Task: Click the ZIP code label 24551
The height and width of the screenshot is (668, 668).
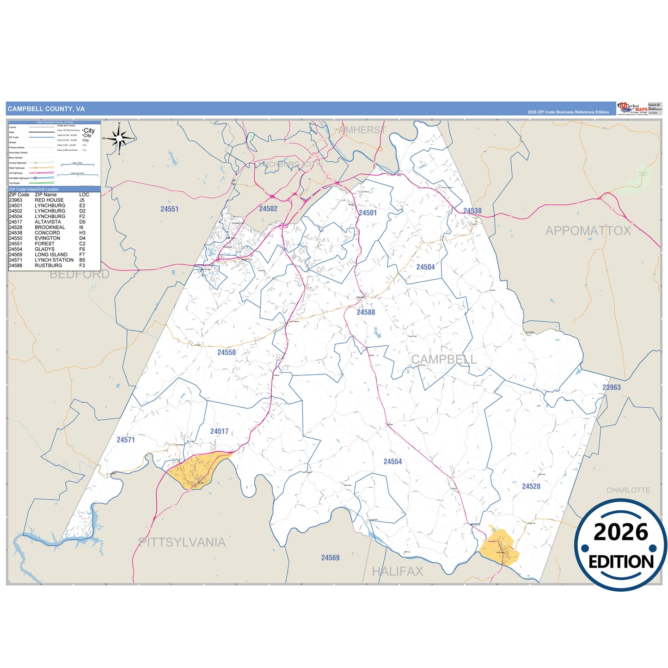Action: pyautogui.click(x=169, y=209)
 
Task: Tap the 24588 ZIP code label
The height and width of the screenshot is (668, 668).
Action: pyautogui.click(x=366, y=312)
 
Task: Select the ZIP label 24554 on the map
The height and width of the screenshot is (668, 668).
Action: pyautogui.click(x=392, y=461)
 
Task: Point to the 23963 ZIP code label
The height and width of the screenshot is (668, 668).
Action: pyautogui.click(x=611, y=387)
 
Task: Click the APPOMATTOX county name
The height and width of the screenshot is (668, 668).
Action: pyautogui.click(x=588, y=231)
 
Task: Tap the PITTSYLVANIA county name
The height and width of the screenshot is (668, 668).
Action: pyautogui.click(x=182, y=542)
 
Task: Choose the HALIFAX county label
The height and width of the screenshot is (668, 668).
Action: pyautogui.click(x=397, y=571)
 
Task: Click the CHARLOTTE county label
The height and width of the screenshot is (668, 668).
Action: pyautogui.click(x=628, y=490)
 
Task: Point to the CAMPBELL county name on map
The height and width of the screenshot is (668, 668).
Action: pyautogui.click(x=443, y=359)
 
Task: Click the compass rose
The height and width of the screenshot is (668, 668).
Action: pyautogui.click(x=119, y=138)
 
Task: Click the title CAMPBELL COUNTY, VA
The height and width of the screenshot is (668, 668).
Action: pyautogui.click(x=46, y=109)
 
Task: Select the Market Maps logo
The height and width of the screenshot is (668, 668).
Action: pyautogui.click(x=632, y=109)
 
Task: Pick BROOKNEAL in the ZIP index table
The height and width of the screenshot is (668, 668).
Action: pyautogui.click(x=49, y=227)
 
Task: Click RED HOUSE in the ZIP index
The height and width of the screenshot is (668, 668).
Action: pyautogui.click(x=49, y=200)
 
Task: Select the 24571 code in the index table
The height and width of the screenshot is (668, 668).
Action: pyautogui.click(x=15, y=260)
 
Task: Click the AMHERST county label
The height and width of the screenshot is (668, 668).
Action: pyautogui.click(x=362, y=130)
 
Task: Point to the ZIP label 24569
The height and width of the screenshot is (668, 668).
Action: pyautogui.click(x=330, y=558)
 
